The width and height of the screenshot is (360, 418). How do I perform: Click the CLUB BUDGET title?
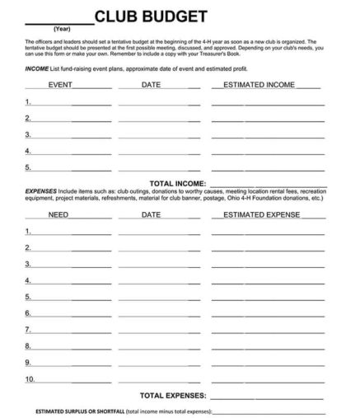point(150,16)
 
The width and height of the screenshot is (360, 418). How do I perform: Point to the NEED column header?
point(58,214)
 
